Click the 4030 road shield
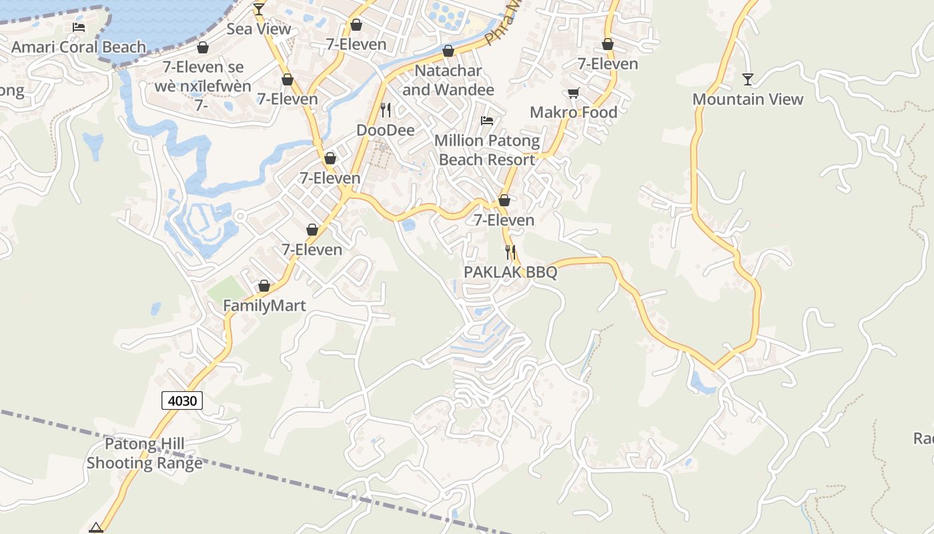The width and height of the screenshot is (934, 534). pos(182,400)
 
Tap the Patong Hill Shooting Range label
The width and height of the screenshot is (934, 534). pos(145,453)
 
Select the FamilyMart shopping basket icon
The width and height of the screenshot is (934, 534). pos(264,286)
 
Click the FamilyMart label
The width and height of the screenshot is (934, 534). pos(264,306)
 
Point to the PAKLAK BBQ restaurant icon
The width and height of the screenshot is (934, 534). pos(510,252)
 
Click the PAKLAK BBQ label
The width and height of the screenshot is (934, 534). pos(510,272)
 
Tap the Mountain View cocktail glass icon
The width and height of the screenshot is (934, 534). pos(747,79)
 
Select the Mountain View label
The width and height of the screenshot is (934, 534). pos(747,99)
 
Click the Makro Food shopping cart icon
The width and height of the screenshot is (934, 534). pos(573,93)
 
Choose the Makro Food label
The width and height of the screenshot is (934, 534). pos(573,112)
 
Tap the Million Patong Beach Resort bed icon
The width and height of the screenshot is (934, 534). pos(487,121)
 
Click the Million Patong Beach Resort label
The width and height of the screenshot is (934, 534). pos(487,150)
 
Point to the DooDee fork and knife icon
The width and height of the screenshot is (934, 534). pos(386,109)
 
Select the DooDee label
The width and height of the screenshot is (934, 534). pos(386,129)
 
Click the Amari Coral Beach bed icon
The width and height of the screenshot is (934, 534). pos(79,27)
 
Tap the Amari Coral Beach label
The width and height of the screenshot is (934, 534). pos(79,47)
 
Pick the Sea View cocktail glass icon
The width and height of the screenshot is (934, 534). pos(259,9)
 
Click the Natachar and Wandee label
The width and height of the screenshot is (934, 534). pos(448,80)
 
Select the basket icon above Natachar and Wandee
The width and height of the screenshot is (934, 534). pos(448,51)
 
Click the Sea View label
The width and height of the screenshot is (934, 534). pos(259,29)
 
